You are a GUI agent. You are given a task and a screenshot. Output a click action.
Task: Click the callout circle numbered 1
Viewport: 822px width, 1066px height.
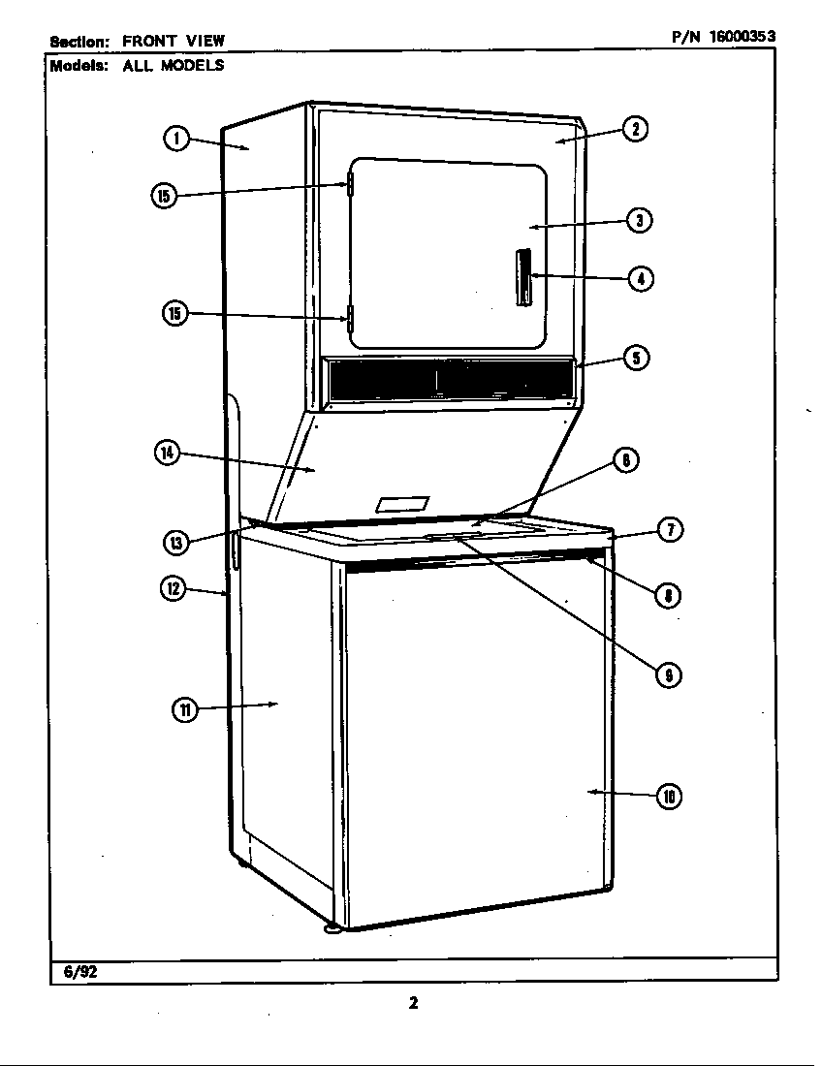pos(176,139)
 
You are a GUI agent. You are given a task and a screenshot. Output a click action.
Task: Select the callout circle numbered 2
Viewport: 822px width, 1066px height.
pos(635,129)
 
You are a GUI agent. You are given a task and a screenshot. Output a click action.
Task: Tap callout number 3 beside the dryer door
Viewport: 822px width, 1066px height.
pos(640,220)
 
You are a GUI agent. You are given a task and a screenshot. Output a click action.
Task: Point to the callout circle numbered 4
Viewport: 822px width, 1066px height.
pos(641,278)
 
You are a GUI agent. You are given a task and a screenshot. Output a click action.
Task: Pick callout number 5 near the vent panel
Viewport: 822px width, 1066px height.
pos(637,358)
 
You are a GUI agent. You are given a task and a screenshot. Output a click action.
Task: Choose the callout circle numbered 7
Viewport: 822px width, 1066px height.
pos(671,529)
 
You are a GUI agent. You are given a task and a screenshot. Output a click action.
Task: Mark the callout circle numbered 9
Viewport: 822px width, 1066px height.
pos(668,674)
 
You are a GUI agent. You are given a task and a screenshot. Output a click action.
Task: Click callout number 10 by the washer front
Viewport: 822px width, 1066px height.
pos(669,797)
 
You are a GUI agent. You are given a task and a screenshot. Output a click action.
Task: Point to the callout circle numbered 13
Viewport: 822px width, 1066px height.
pos(175,542)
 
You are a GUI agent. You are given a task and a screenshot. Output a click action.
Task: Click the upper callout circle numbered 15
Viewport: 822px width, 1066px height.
pos(163,196)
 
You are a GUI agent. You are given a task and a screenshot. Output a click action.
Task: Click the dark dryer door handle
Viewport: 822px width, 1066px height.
pos(522,277)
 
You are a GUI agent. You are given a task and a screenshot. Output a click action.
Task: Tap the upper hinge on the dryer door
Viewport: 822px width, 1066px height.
pos(350,183)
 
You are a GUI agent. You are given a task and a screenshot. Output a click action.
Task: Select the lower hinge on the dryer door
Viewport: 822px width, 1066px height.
pos(350,319)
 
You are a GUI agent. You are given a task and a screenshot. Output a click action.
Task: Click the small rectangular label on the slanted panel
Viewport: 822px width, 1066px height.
pos(402,505)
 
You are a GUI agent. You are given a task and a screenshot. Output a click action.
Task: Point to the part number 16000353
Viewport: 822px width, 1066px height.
pos(743,37)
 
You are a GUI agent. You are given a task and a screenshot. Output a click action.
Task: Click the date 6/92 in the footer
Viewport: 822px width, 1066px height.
pos(80,971)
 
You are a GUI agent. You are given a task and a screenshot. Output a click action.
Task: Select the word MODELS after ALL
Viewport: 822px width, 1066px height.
pos(192,65)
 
